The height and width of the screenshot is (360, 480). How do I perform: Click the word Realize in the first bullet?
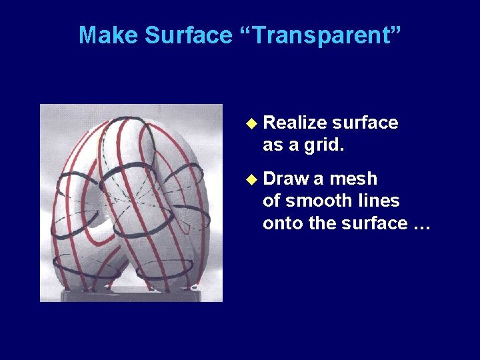click(x=295, y=123)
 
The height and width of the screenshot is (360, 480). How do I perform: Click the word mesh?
click(x=353, y=179)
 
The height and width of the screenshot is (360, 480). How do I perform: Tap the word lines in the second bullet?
click(x=380, y=201)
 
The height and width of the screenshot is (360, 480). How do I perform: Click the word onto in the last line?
click(x=283, y=223)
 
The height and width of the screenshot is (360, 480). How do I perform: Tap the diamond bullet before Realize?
click(x=251, y=123)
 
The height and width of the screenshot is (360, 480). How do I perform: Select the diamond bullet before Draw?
click(x=251, y=179)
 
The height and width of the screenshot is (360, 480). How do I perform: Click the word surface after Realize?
click(x=365, y=123)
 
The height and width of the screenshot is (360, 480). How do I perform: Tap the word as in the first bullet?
click(x=272, y=145)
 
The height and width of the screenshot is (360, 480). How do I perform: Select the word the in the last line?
click(x=323, y=223)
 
